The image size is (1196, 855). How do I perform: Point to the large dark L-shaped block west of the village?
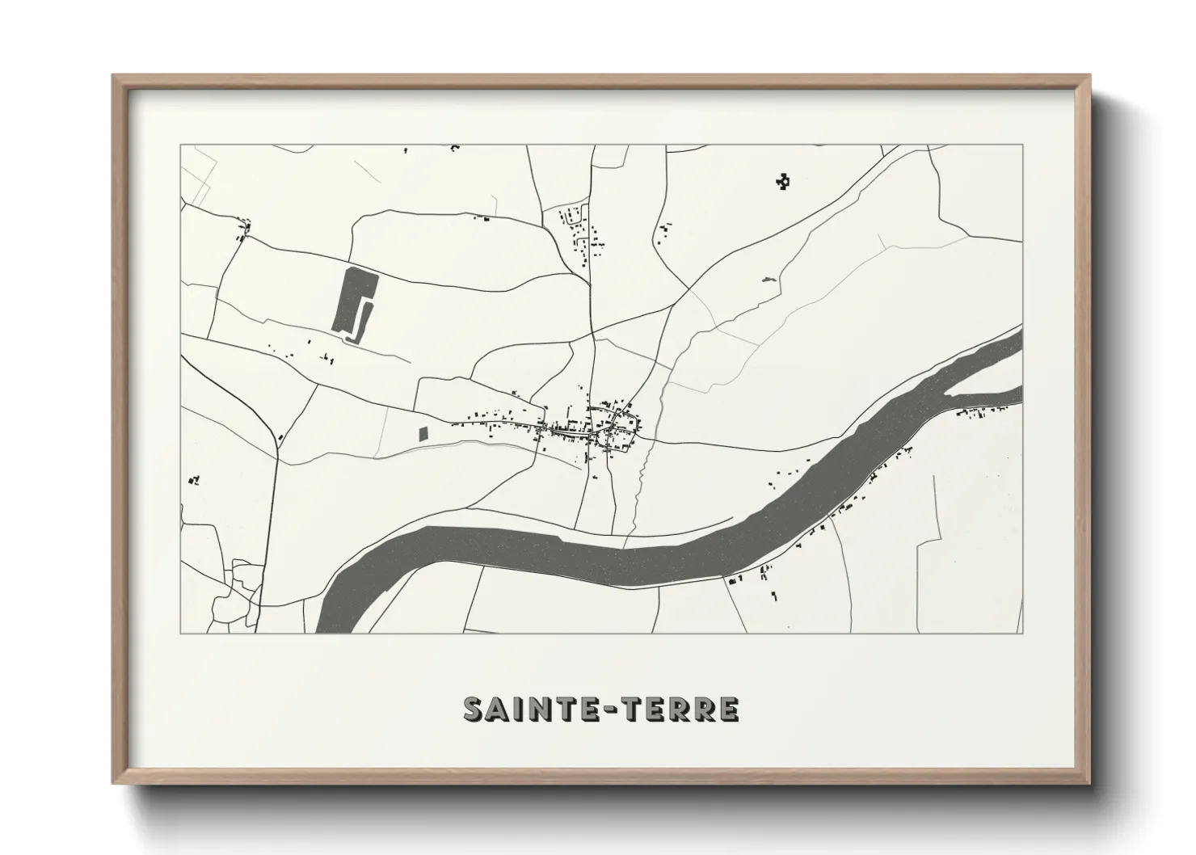coord(354,301)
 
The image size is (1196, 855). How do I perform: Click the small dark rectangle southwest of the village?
coord(422,433)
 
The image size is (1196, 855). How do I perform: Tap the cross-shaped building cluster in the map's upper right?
coord(781,183)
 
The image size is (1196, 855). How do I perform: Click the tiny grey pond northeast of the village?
coord(767,280)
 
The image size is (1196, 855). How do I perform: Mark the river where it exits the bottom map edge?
coord(338,618)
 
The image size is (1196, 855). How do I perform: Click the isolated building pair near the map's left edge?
coord(194,480)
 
